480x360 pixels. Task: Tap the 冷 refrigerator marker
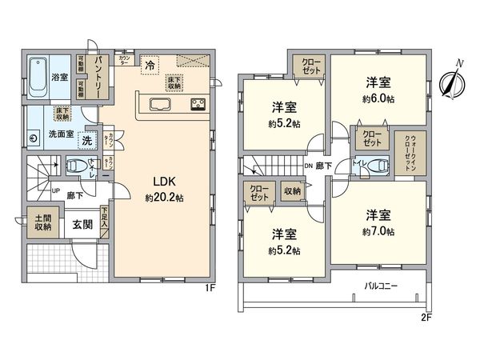pyautogui.click(x=150, y=65)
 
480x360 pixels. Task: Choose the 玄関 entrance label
pyautogui.click(x=78, y=225)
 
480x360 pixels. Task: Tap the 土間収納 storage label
pyautogui.click(x=42, y=222)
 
